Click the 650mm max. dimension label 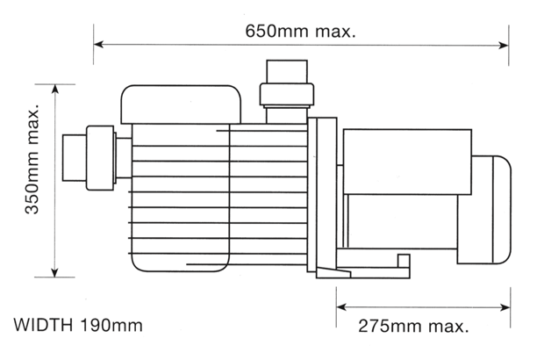[x=300, y=32]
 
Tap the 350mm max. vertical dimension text [x=32, y=159]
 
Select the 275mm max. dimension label [x=413, y=327]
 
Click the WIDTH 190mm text [x=78, y=325]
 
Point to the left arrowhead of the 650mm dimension [x=98, y=45]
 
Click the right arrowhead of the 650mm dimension [x=504, y=45]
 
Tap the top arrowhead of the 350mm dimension [x=54, y=90]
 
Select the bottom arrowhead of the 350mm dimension [x=54, y=272]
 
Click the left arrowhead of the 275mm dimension [x=341, y=307]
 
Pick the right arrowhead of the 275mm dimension [x=505, y=307]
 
